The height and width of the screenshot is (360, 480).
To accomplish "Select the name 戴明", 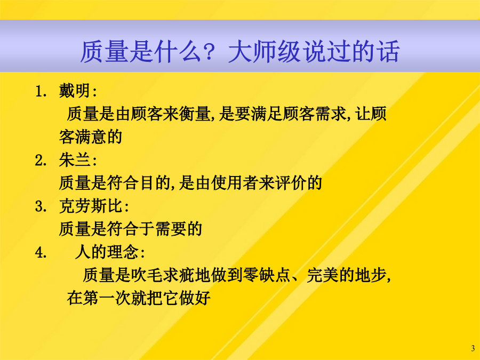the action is pyautogui.click(x=74, y=91).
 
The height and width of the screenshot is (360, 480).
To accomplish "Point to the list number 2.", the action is pyautogui.click(x=40, y=161).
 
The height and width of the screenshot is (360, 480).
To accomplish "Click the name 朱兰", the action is pyautogui.click(x=74, y=160).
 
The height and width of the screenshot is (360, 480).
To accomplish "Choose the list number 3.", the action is pyautogui.click(x=40, y=206).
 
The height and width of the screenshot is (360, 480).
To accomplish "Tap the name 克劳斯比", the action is pyautogui.click(x=91, y=206).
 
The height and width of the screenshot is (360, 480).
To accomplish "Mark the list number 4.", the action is pyautogui.click(x=40, y=253).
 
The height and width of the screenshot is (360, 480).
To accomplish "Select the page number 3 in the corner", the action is pyautogui.click(x=473, y=348).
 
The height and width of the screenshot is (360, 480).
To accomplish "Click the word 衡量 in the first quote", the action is pyautogui.click(x=194, y=114).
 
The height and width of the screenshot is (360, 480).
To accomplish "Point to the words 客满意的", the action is pyautogui.click(x=91, y=137).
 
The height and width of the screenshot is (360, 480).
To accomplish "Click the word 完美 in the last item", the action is pyautogui.click(x=322, y=275).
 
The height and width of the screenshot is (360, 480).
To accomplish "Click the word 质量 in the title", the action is pyautogui.click(x=104, y=51).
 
